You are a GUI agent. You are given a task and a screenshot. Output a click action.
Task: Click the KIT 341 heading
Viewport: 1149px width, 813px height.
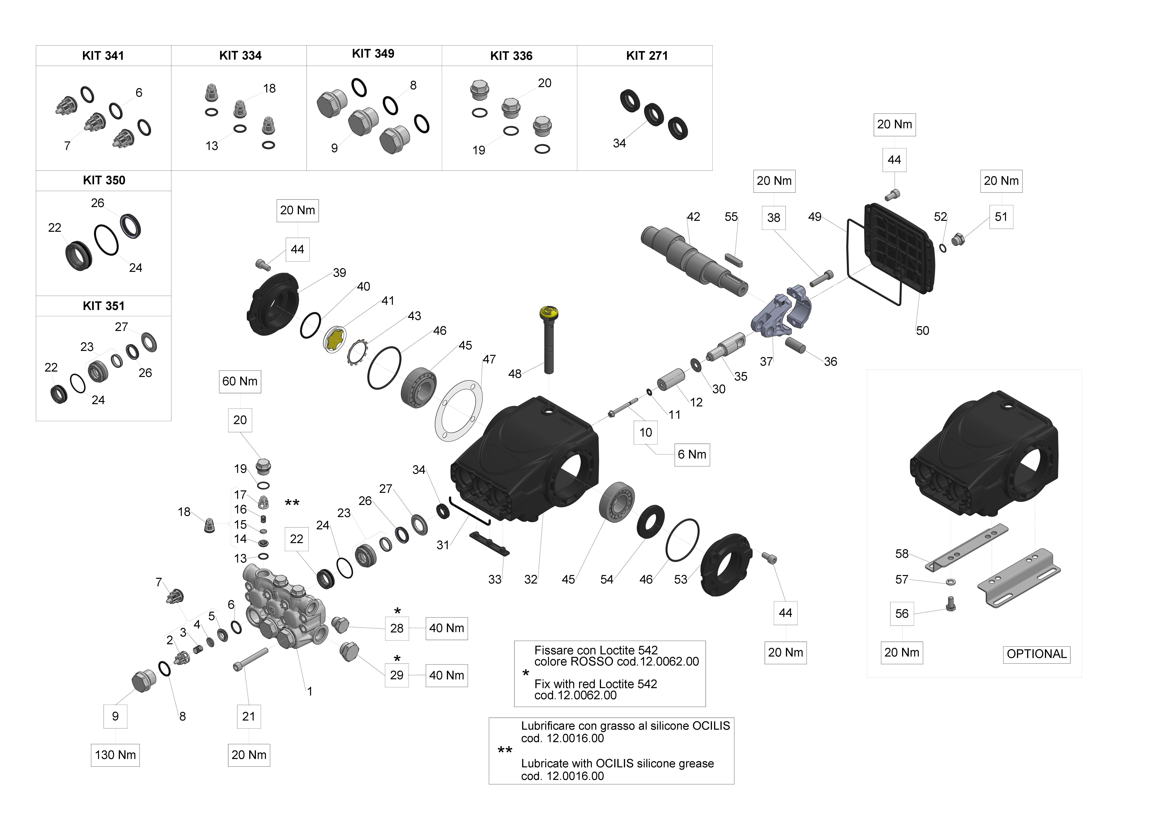(x=103, y=55)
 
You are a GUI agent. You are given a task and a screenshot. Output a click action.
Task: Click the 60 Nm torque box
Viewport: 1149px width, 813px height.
(x=240, y=382)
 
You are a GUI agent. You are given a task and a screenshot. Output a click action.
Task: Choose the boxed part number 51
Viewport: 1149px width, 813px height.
(x=1001, y=217)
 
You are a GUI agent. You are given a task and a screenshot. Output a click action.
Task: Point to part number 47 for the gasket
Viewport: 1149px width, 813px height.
(x=489, y=359)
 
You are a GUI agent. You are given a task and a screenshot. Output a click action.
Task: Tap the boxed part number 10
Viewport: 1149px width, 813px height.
(x=646, y=433)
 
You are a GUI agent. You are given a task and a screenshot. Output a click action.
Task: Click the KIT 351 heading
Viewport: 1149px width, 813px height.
(x=104, y=306)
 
